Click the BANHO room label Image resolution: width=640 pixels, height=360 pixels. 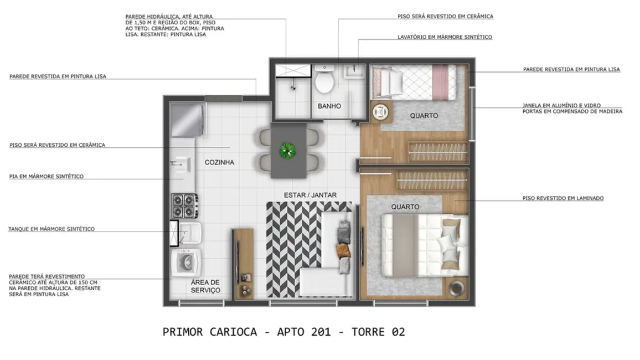[x=329, y=106]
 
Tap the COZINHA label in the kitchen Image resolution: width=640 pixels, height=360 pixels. [x=219, y=162]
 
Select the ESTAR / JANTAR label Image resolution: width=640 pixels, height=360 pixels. [x=310, y=195]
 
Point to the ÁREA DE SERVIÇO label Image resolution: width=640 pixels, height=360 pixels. [x=205, y=286]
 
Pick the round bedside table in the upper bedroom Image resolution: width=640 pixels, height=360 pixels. [x=380, y=112]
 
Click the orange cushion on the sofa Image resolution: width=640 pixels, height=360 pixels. [x=344, y=250]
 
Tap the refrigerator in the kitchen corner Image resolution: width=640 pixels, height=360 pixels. [x=188, y=119]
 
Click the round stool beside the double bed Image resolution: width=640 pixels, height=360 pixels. [x=456, y=287]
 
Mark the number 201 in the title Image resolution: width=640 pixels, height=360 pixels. [x=319, y=332]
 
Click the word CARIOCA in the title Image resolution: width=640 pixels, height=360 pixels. [x=234, y=332]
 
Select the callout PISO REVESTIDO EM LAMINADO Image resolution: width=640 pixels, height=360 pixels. [x=562, y=198]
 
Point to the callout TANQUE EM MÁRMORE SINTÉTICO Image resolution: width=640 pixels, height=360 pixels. [x=51, y=229]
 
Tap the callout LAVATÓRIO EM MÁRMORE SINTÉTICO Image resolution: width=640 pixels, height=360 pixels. [x=445, y=37]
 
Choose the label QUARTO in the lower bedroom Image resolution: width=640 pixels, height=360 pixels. [x=405, y=207]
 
